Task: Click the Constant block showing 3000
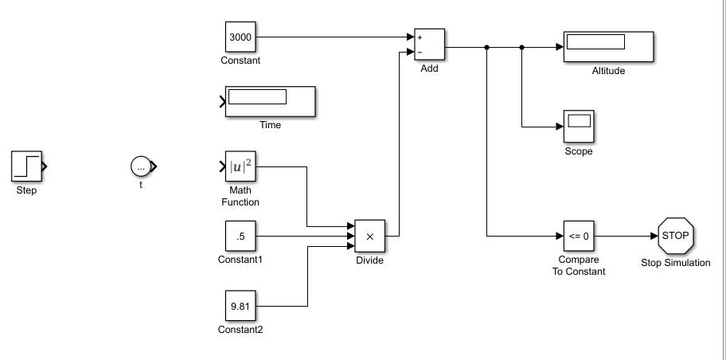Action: tap(240, 37)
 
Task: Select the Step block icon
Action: tap(25, 166)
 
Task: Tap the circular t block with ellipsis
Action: tap(141, 166)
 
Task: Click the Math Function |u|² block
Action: tap(240, 166)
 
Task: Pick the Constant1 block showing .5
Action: tap(240, 236)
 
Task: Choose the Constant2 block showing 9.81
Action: tap(240, 305)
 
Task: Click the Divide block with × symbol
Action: tap(369, 236)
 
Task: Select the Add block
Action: tap(429, 45)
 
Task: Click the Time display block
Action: tap(270, 102)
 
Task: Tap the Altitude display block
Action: tap(608, 47)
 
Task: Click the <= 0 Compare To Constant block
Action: tap(579, 236)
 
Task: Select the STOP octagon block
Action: tap(676, 236)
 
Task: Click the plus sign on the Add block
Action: tap(420, 37)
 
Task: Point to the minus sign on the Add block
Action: tap(420, 53)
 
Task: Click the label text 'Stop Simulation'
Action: tap(676, 263)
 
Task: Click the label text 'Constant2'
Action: tap(240, 331)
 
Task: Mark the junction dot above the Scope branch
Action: tap(521, 47)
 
